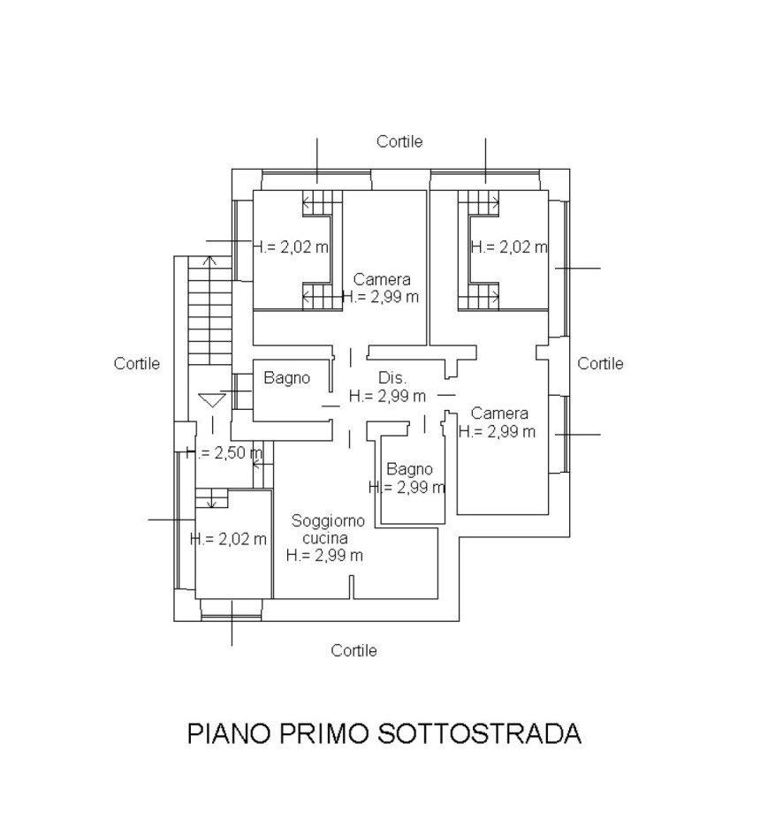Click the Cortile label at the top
point(399,141)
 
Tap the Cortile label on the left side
point(137,363)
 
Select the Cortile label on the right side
point(600,363)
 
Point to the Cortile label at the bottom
point(353,650)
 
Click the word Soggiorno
point(328,521)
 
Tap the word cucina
point(325,538)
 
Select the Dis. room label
point(392,377)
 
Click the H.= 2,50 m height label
point(224,453)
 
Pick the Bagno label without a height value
point(287,377)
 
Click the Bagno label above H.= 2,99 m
point(409,469)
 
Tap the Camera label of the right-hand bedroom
point(499,413)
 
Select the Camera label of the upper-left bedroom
point(382,279)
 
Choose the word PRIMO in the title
point(323,733)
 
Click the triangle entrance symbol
point(213,400)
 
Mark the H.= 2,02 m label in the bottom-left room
point(228,539)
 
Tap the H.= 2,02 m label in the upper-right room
point(509,247)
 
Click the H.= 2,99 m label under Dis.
point(388,396)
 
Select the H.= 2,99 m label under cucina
point(324,555)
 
